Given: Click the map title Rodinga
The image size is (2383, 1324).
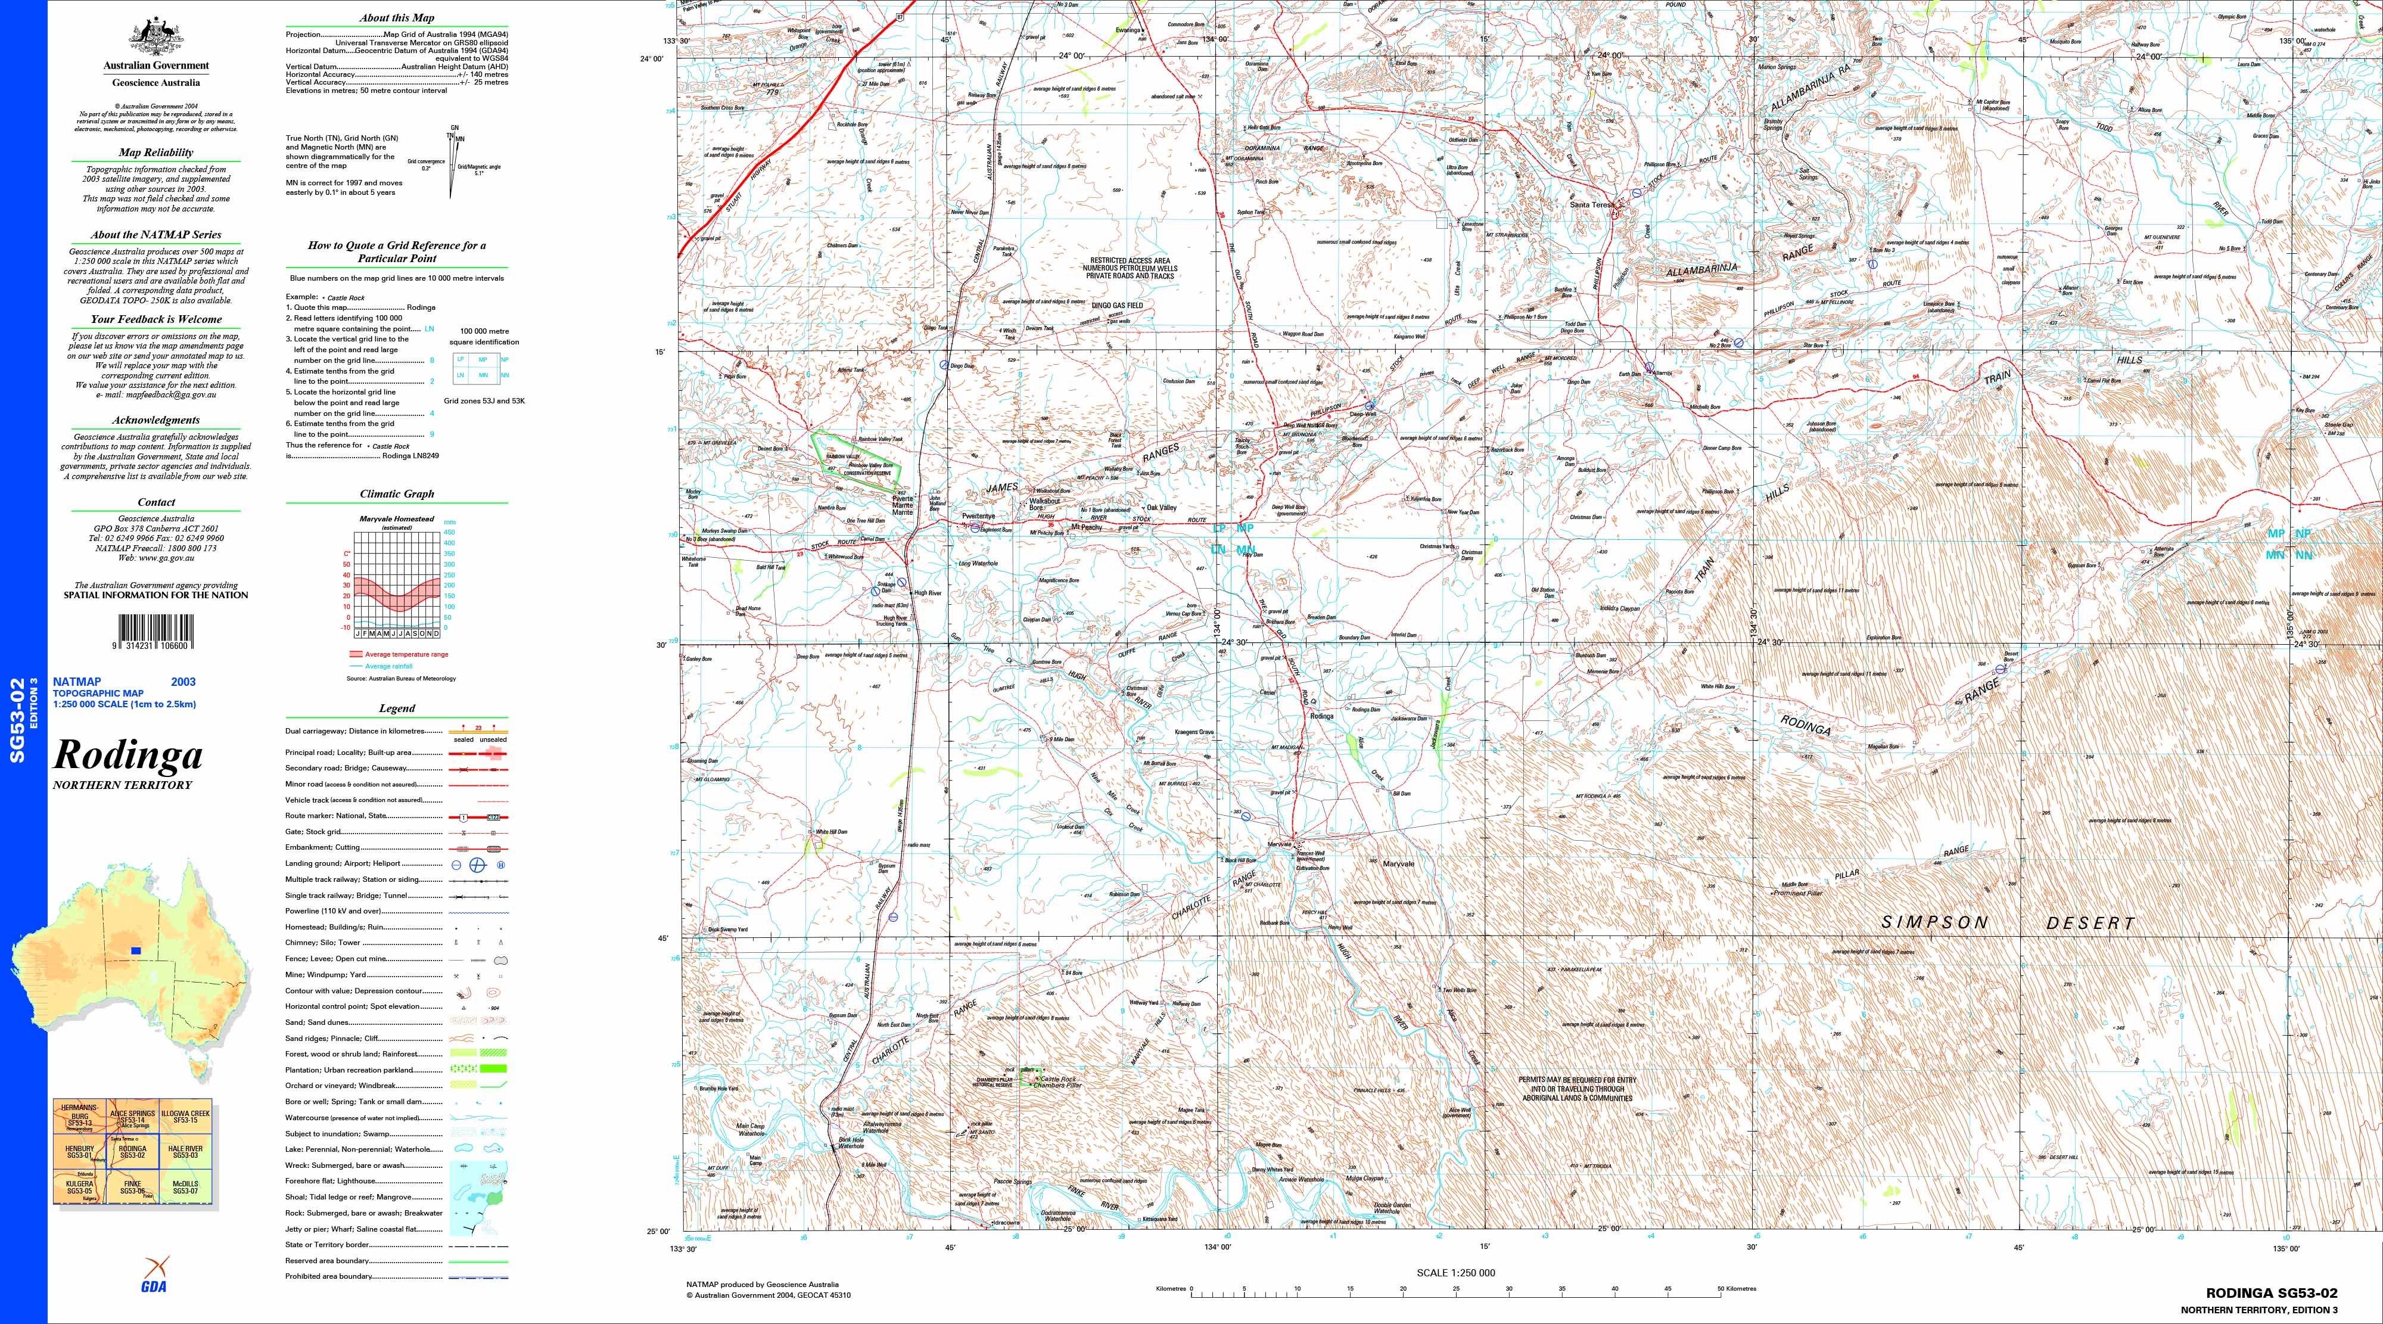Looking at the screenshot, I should pos(127,755).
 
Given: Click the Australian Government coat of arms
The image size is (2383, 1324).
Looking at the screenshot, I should pos(155,37).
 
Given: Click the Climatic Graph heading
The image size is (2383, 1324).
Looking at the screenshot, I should pos(397,494).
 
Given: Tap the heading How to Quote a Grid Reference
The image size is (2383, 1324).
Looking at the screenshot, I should pos(397,251).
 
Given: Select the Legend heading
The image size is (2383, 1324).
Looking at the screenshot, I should pos(397,708).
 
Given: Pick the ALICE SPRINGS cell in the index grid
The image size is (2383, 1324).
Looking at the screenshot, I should pos(132,1118).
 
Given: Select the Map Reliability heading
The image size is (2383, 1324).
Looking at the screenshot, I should pos(155,153).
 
